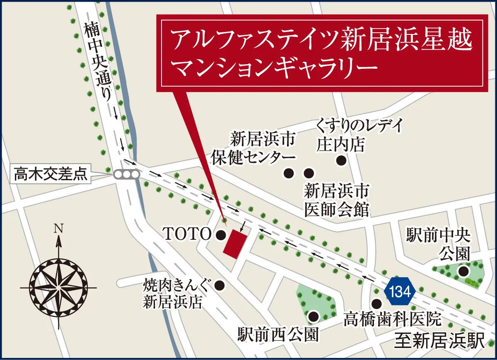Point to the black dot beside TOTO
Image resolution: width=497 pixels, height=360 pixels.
221,235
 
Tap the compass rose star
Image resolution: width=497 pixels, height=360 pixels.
59,287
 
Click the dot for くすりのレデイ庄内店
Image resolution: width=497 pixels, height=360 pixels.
341,161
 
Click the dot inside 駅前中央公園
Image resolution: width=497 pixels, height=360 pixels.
463,272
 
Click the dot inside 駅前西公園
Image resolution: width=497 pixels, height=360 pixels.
314,317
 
